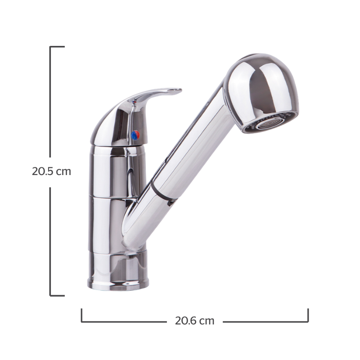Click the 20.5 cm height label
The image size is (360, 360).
point(51,171)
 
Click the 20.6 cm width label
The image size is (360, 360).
point(195,321)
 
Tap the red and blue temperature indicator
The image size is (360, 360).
point(135,135)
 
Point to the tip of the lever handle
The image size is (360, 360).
point(181,90)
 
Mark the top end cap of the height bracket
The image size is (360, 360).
point(57,47)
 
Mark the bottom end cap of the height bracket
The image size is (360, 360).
point(57,296)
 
